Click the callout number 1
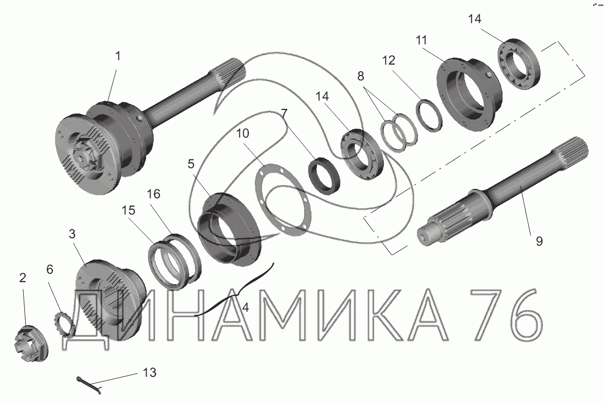point(118,56)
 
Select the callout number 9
point(539,241)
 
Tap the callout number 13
point(150,372)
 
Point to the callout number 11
point(421,40)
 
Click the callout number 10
point(242,133)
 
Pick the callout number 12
point(388,60)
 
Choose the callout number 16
point(153,194)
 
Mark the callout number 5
point(191,164)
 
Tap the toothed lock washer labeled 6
point(64,324)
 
